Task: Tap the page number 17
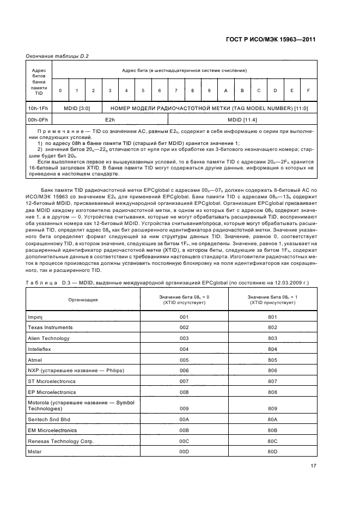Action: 313,465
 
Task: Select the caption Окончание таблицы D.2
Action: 57,56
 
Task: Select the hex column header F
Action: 309,90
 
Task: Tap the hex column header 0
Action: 60,90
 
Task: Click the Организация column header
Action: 83,300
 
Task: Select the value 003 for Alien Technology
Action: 184,338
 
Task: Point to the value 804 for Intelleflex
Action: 273,349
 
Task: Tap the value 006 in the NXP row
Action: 184,370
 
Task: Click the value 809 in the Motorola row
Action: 273,408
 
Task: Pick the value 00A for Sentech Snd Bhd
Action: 184,419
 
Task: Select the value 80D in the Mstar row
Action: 273,452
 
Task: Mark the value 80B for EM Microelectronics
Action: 273,430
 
